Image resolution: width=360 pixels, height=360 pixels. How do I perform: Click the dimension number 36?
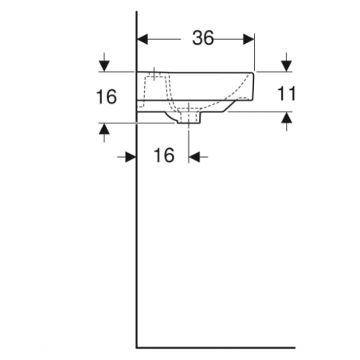(x=202, y=37)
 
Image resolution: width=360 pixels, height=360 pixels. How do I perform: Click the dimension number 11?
(x=287, y=94)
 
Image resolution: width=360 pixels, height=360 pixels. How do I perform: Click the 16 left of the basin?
(x=105, y=97)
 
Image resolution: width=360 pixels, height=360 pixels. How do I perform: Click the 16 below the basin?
(x=163, y=156)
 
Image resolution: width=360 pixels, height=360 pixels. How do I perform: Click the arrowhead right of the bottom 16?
(x=194, y=157)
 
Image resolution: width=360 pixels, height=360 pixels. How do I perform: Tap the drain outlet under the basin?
(x=190, y=118)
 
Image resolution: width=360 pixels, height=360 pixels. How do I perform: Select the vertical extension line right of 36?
(x=254, y=52)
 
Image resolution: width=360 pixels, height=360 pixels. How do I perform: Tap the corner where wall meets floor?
(x=137, y=347)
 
